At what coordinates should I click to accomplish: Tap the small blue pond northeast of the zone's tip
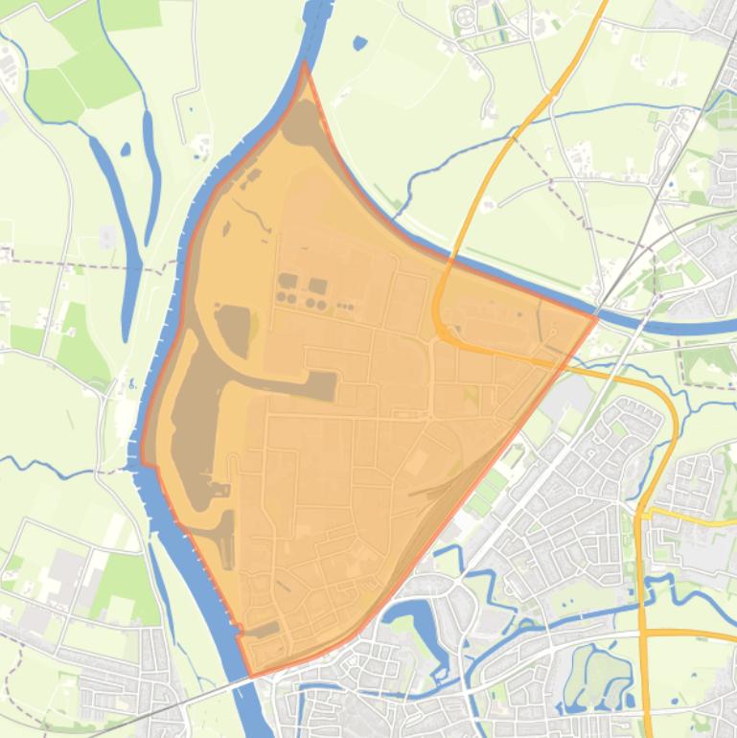[x=359, y=43]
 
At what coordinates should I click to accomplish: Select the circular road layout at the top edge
[x=467, y=16]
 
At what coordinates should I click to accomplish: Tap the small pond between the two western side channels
[x=126, y=149]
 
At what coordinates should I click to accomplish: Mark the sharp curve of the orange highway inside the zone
[x=438, y=316]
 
